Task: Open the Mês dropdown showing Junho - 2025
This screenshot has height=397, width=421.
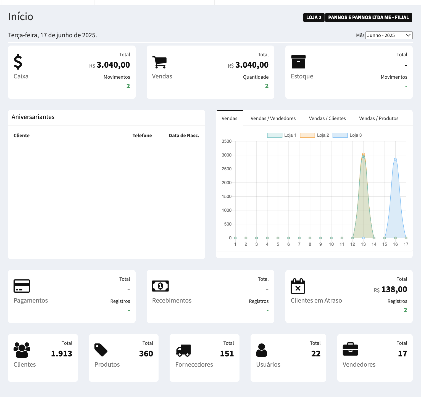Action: point(389,35)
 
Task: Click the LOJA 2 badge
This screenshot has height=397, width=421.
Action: point(314,17)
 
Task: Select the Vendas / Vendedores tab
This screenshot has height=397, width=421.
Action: point(273,118)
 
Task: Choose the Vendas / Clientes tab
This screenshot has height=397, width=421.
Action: point(327,118)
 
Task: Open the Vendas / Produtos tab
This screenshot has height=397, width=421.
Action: point(378,118)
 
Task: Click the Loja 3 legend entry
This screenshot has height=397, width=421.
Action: point(347,135)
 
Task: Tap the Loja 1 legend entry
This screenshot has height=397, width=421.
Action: point(282,135)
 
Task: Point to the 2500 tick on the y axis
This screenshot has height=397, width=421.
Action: point(227,169)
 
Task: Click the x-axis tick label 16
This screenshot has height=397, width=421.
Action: point(395,244)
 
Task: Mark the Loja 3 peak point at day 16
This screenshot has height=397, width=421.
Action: point(395,159)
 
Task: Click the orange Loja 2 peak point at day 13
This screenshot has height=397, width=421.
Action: point(363,154)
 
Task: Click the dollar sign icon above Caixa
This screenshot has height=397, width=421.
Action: point(18,62)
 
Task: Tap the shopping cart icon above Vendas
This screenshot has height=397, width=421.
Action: point(159,62)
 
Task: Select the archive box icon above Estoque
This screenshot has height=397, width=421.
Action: point(298,62)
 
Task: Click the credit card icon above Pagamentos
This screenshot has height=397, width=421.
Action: point(22,286)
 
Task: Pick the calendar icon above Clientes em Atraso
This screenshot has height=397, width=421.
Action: point(298,286)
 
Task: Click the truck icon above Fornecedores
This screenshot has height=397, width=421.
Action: point(183,350)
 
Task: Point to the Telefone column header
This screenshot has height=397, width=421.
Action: point(142,136)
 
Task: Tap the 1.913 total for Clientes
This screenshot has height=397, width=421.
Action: point(61,354)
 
